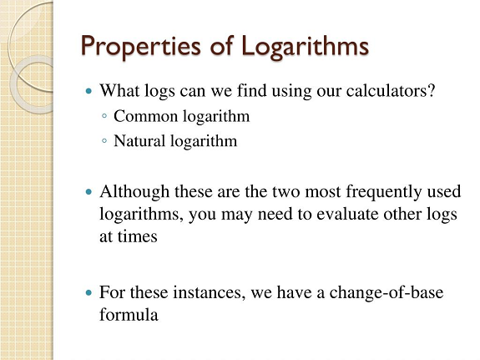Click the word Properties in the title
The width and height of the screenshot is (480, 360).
(x=141, y=46)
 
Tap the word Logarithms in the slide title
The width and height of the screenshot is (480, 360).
(x=305, y=46)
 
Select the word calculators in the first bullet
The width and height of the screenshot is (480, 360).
(x=387, y=91)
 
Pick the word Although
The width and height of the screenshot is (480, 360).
(x=134, y=192)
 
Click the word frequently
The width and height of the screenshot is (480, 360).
(x=384, y=192)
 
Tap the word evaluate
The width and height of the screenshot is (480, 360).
(x=347, y=214)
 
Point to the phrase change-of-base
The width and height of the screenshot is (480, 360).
(x=387, y=292)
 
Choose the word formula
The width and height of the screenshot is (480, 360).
(x=129, y=315)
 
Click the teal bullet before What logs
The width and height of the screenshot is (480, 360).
(x=88, y=91)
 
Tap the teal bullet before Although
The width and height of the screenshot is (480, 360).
(x=88, y=192)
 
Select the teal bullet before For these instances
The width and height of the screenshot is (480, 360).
(x=88, y=293)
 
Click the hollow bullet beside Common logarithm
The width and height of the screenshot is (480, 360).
(x=104, y=116)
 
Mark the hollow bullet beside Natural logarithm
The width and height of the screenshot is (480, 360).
(x=104, y=141)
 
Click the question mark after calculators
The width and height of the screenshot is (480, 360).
(x=431, y=90)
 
